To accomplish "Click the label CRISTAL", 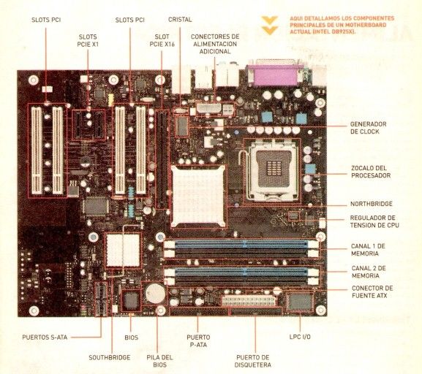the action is (x=180, y=20).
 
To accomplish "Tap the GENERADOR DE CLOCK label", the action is (x=368, y=128).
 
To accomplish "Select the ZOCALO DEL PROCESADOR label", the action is (x=371, y=172).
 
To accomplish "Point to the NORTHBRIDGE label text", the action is (x=371, y=204).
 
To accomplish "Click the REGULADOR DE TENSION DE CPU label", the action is (x=374, y=221).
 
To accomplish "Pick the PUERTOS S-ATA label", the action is (x=45, y=337).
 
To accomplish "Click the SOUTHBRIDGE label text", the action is (x=110, y=358).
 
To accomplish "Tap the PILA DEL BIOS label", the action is (x=159, y=361).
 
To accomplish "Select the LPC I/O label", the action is (x=300, y=337).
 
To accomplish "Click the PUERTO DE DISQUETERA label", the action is (x=253, y=361).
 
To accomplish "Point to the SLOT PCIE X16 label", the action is (x=162, y=40).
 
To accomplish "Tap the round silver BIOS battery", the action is (x=155, y=293).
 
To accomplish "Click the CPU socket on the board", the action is (x=272, y=170).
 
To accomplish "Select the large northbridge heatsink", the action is (x=198, y=196).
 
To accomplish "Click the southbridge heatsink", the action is (x=123, y=250).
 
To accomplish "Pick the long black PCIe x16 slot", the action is (x=162, y=159).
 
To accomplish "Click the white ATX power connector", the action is (x=249, y=301).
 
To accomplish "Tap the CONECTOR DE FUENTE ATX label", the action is (x=372, y=292).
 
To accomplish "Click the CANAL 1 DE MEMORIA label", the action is (x=368, y=250).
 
